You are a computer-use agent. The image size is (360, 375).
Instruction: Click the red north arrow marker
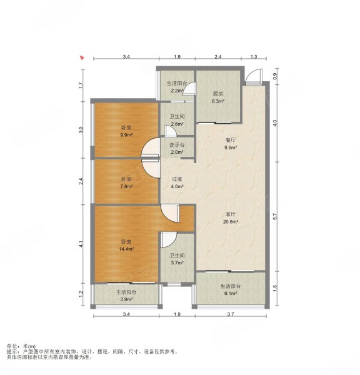[82, 57]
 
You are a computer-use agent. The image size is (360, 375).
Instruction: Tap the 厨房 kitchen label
[217, 94]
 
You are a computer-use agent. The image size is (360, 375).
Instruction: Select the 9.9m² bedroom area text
[126, 135]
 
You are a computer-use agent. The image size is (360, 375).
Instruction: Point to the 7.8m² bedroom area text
[126, 186]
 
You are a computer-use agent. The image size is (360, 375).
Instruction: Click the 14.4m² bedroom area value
[126, 249]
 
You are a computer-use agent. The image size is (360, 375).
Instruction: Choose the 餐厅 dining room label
[231, 140]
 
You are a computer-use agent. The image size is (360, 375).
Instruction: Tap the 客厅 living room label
[231, 214]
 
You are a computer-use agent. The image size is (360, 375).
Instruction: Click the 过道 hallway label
[177, 179]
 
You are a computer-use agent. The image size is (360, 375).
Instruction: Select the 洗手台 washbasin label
[177, 145]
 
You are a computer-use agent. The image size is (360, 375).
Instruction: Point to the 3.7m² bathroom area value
[177, 263]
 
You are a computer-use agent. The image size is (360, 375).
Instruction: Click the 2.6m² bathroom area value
[177, 124]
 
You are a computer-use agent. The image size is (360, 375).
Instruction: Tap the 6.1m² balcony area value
[231, 293]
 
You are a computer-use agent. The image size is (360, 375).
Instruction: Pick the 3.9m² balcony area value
[126, 299]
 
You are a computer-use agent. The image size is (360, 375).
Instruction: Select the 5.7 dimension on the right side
[275, 216]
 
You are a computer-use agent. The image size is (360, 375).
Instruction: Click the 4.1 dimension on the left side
[81, 244]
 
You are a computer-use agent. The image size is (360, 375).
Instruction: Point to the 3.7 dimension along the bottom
[231, 314]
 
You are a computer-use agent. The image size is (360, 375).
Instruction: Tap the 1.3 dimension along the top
[254, 57]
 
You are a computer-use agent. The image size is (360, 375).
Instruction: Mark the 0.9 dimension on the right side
[275, 76]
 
